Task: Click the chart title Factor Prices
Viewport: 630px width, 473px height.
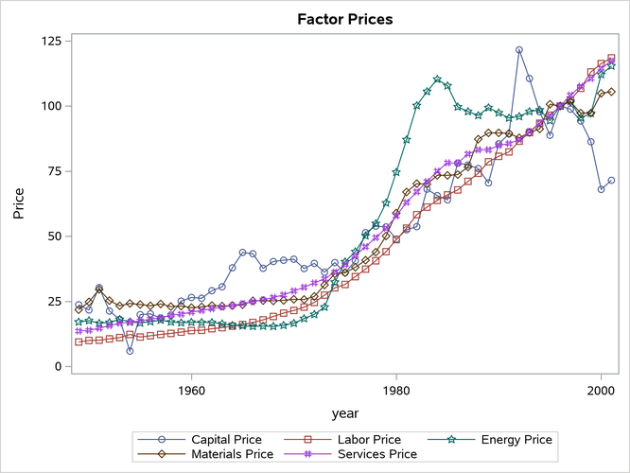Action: (x=344, y=19)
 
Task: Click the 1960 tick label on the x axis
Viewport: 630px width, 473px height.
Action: (x=191, y=389)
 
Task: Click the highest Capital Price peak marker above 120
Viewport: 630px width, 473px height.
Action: (x=518, y=50)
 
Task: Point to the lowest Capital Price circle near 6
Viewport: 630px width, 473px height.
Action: (x=130, y=351)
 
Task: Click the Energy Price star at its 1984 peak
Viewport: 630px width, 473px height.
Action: (x=437, y=79)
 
